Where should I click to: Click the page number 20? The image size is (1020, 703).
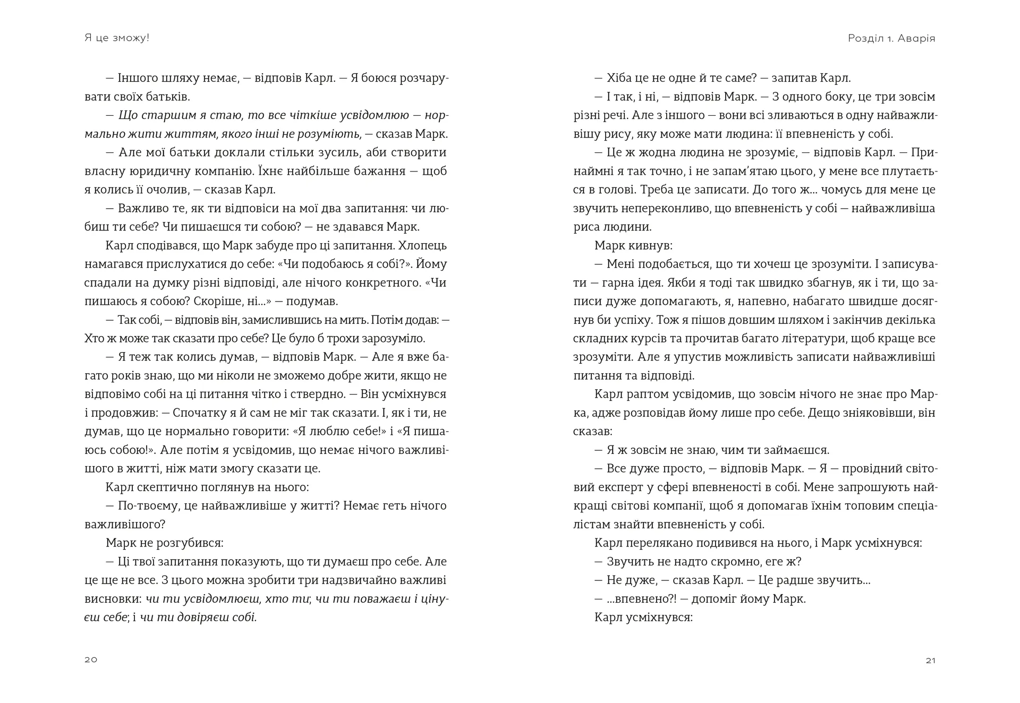91,659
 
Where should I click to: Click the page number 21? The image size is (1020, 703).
930,661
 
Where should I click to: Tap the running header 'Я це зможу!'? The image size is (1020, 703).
117,38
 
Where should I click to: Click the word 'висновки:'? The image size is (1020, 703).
113,598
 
